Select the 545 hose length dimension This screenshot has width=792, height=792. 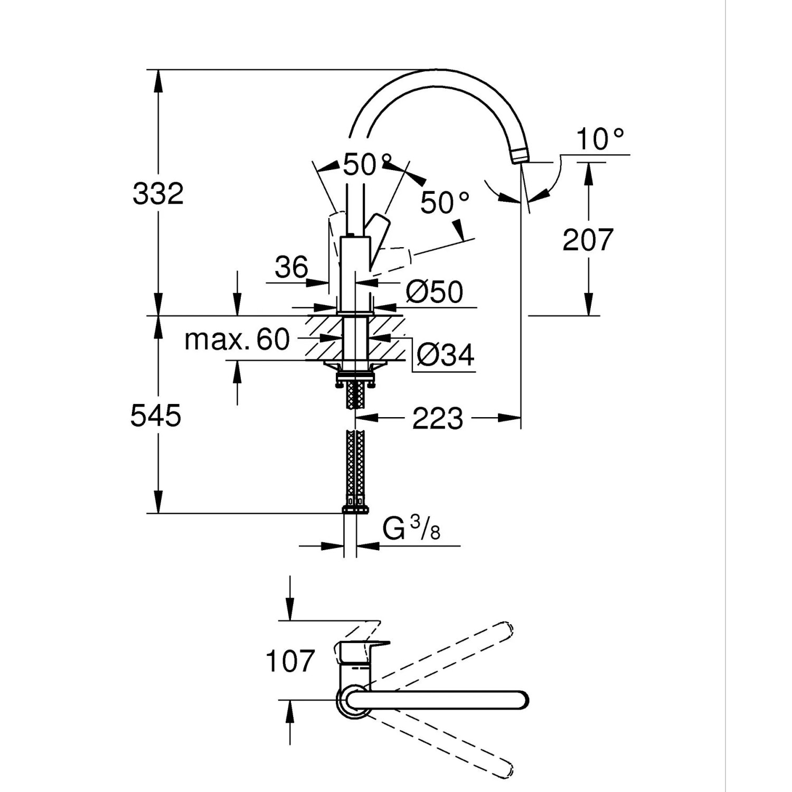coord(156,416)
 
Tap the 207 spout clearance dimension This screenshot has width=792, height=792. coord(588,240)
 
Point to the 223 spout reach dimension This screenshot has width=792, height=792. coord(437,419)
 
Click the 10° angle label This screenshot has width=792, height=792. coord(600,139)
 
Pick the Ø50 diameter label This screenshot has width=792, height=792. coord(434,291)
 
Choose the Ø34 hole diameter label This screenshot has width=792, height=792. coord(445,355)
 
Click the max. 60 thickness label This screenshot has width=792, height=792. coord(237,340)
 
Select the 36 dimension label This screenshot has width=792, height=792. coord(291,267)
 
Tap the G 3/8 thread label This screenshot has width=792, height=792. coord(411,529)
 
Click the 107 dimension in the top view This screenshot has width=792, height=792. coord(290,661)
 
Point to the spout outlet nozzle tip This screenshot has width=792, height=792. coord(518,156)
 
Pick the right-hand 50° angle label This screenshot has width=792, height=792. coord(445,203)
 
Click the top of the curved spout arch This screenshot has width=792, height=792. coord(438,77)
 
